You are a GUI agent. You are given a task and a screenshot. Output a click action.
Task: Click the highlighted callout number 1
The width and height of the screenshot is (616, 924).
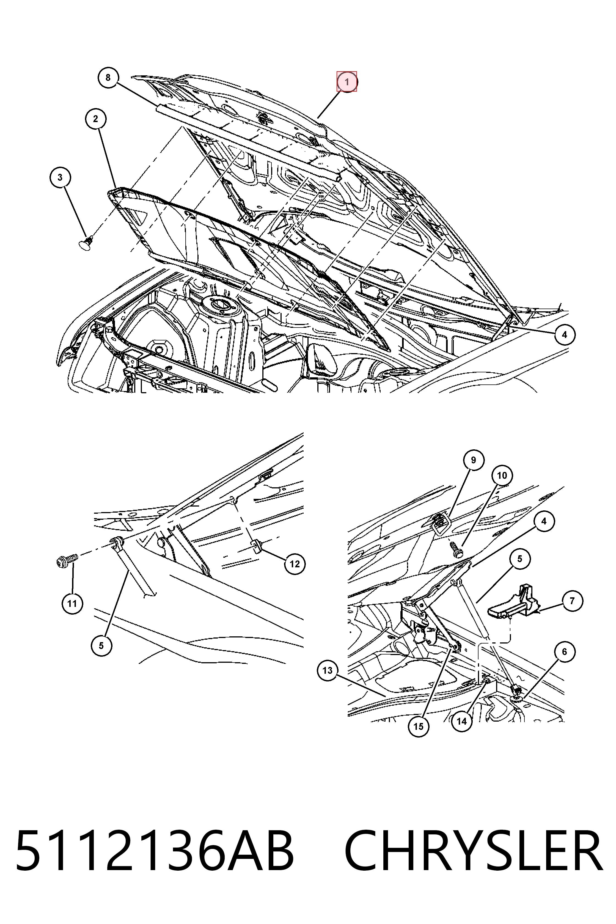(x=346, y=82)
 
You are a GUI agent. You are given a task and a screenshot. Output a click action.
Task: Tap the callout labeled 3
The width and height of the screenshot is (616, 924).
(x=60, y=177)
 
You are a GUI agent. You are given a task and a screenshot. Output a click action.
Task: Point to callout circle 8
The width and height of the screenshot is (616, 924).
(x=108, y=77)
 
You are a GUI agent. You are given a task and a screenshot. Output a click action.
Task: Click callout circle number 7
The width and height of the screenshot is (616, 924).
(x=572, y=601)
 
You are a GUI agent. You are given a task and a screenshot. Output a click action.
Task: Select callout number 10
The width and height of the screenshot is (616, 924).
(x=502, y=476)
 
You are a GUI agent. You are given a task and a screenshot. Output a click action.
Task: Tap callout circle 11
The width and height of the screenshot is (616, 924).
(x=72, y=603)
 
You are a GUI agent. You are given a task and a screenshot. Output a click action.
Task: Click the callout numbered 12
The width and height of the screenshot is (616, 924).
(x=295, y=564)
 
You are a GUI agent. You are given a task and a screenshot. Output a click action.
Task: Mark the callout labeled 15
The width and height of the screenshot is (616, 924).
(x=418, y=726)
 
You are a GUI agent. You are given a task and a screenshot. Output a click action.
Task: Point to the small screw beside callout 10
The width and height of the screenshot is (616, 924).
(x=457, y=549)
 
